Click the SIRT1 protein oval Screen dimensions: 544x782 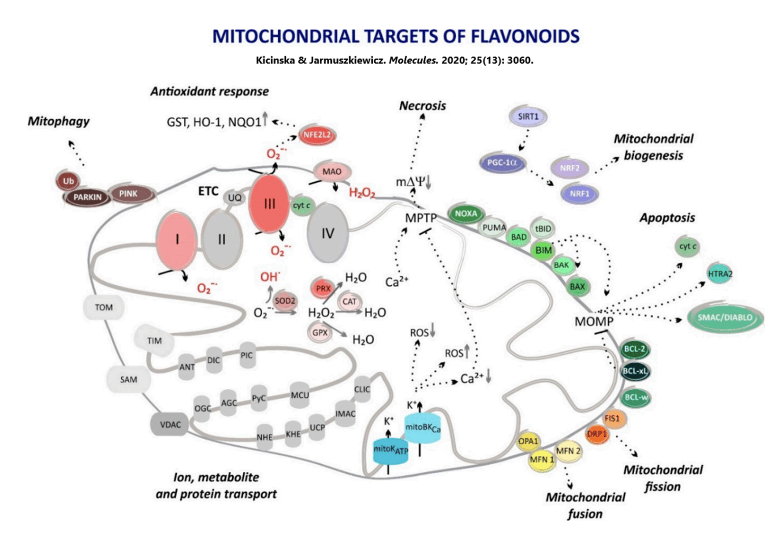click(528, 117)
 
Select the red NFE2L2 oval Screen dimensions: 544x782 click(317, 135)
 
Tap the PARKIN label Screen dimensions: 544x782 click(88, 197)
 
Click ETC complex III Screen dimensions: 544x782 click(269, 204)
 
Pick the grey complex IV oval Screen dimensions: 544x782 click(327, 233)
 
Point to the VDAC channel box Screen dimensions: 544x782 click(170, 424)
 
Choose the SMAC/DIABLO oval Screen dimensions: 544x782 click(725, 318)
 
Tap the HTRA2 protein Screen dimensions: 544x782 click(720, 274)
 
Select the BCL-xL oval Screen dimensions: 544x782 click(635, 371)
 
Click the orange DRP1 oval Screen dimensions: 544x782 click(597, 434)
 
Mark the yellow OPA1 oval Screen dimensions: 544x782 click(528, 441)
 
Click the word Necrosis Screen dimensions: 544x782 click(422, 106)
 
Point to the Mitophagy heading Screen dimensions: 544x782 click(59, 121)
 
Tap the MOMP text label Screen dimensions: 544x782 click(594, 322)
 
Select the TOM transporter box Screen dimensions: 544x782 click(104, 307)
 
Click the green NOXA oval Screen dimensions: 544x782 click(466, 214)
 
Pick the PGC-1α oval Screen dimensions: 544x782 click(502, 163)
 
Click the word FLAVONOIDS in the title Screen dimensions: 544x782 click(524, 37)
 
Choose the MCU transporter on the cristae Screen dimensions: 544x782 click(300, 395)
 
